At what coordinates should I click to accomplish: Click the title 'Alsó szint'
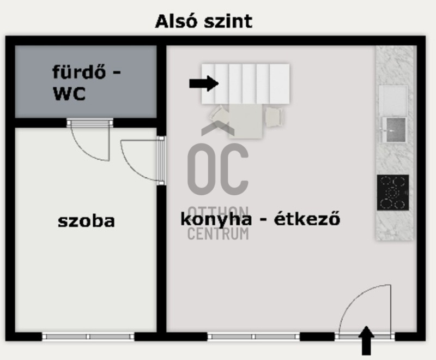pyautogui.click(x=203, y=21)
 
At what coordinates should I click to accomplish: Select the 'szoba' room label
pyautogui.click(x=86, y=221)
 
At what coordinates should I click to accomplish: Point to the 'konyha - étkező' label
pyautogui.click(x=261, y=219)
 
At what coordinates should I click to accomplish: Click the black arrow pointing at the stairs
pyautogui.click(x=203, y=83)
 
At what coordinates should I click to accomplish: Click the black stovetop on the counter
pyautogui.click(x=393, y=191)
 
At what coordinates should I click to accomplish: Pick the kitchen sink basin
pyautogui.click(x=393, y=129)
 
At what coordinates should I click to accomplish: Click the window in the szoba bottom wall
pyautogui.click(x=88, y=337)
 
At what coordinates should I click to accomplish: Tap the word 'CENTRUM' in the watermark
pyautogui.click(x=218, y=234)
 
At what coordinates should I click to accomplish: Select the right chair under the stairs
pyautogui.click(x=274, y=115)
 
